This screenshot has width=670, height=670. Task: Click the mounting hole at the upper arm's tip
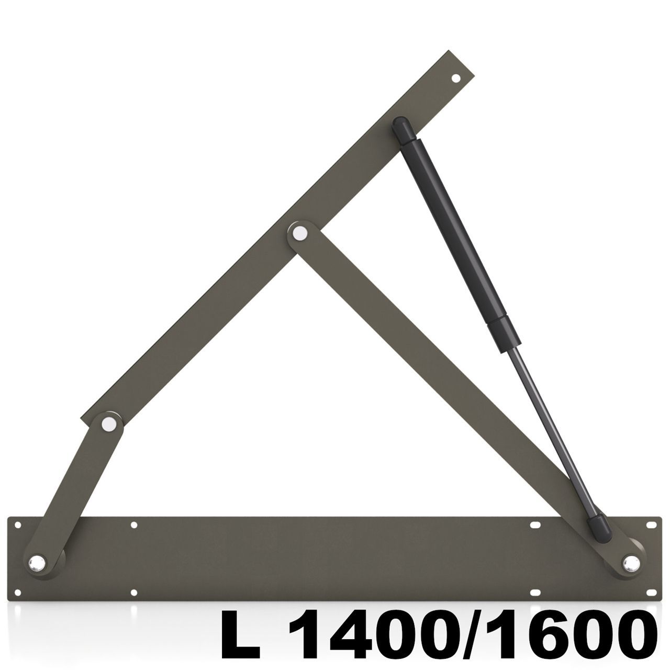455,79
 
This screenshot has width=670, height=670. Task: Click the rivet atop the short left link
109,423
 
